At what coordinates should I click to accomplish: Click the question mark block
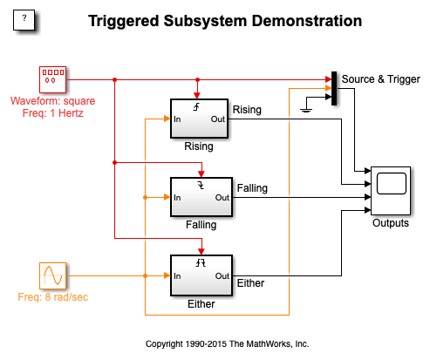24,20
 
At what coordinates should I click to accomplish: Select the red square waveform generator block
52,79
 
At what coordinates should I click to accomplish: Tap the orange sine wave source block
52,275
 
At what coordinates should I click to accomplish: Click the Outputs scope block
391,191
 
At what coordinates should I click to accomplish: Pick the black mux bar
334,88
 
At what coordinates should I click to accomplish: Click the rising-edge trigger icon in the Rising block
197,107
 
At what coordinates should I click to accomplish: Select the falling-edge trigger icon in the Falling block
201,185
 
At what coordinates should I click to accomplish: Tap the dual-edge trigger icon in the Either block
201,263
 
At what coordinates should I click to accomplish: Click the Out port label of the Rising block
218,119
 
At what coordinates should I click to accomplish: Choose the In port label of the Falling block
177,198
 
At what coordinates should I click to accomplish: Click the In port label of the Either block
177,275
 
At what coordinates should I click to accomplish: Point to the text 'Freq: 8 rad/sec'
53,297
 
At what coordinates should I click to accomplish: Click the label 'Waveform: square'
53,101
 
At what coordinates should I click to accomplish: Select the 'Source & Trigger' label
381,79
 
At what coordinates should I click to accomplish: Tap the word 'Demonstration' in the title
307,21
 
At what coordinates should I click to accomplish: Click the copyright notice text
227,343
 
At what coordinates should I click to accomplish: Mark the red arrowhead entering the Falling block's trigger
201,174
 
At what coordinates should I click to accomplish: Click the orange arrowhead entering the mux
328,88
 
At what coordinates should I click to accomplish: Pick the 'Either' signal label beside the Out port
250,283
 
